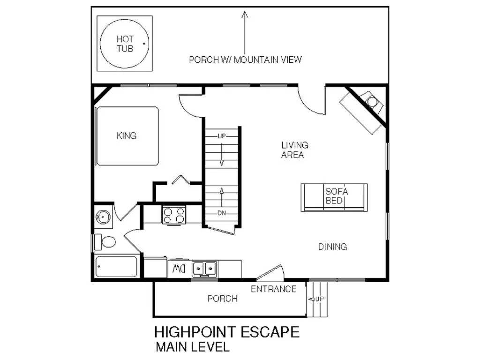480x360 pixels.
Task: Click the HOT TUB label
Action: pyautogui.click(x=125, y=44)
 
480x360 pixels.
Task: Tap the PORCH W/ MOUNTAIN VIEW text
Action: pyautogui.click(x=245, y=60)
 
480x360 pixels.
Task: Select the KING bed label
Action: pyautogui.click(x=127, y=136)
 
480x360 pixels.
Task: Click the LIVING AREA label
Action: pyautogui.click(x=294, y=150)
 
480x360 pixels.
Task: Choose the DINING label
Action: pyautogui.click(x=332, y=247)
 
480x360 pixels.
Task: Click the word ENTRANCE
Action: pyautogui.click(x=274, y=289)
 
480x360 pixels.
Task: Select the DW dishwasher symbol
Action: pyautogui.click(x=178, y=269)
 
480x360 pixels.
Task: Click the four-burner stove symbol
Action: pyautogui.click(x=174, y=215)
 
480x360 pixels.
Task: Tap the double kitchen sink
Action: pyautogui.click(x=205, y=269)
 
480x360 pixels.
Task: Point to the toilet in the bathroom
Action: pyautogui.click(x=107, y=242)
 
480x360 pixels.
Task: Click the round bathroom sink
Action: pyautogui.click(x=103, y=217)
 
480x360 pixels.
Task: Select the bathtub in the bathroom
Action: pyautogui.click(x=116, y=267)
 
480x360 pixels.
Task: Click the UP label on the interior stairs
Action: pyautogui.click(x=222, y=136)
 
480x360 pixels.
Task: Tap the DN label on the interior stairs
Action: pyautogui.click(x=222, y=213)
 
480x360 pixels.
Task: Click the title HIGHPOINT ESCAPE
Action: pyautogui.click(x=227, y=332)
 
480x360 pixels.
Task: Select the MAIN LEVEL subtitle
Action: pyautogui.click(x=193, y=347)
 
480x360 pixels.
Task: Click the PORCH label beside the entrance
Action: pyautogui.click(x=222, y=299)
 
